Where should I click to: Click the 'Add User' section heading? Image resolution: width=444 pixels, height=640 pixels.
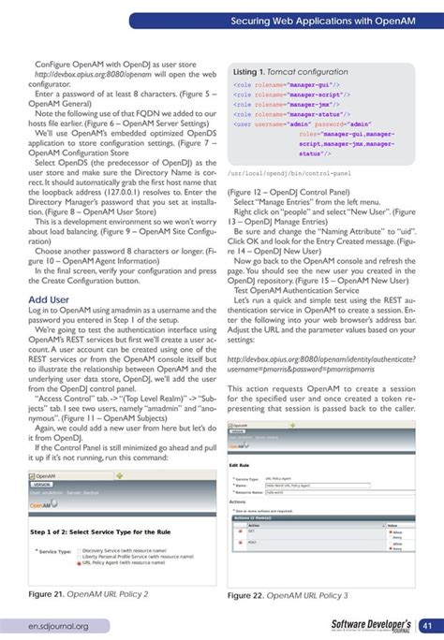click(50, 299)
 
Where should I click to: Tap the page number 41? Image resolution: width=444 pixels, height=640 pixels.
click(425, 625)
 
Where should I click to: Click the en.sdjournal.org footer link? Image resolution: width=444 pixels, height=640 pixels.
click(57, 626)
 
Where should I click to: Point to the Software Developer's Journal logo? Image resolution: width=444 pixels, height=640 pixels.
click(371, 625)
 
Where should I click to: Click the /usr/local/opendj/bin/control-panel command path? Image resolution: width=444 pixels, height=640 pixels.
click(290, 174)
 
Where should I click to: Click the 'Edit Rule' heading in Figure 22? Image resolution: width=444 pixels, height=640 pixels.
click(240, 465)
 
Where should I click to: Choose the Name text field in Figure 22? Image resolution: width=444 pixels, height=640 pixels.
click(300, 486)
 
